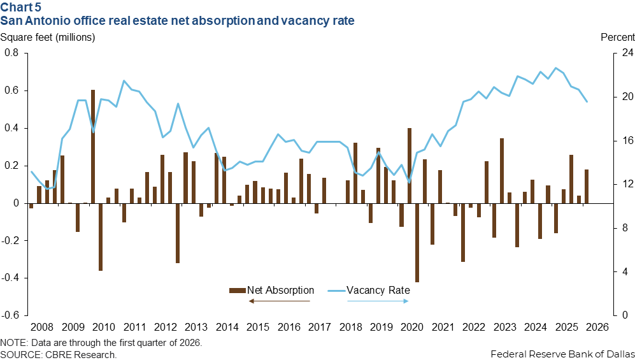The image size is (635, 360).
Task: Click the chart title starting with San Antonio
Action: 178,21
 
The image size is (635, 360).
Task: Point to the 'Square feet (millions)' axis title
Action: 48,37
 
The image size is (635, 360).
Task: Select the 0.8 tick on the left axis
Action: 11,53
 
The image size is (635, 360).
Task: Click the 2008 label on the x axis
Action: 41,328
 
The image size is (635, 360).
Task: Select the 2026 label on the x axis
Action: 597,328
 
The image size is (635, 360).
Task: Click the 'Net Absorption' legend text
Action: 281,290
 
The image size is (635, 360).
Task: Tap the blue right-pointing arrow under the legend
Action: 377,300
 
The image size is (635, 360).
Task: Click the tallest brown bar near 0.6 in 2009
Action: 93,147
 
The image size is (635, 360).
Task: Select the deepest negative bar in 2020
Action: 417,242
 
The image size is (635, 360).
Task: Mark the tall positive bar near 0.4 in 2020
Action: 410,166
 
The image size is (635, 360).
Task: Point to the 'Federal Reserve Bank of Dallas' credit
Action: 562,354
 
